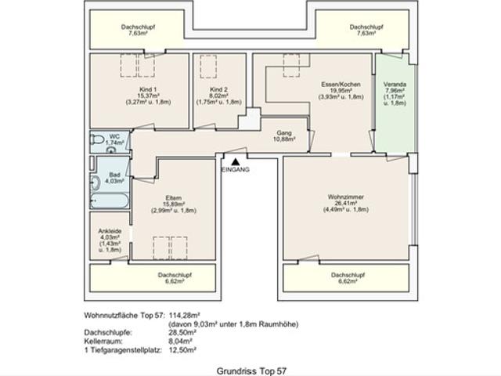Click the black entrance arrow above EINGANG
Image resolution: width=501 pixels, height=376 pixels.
[x=233, y=161]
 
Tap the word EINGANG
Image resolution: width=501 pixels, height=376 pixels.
[x=236, y=170]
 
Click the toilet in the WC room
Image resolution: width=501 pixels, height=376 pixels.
[x=97, y=140]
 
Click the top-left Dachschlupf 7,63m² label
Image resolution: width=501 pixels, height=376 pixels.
[x=138, y=31]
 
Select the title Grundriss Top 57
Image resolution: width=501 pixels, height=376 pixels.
[x=250, y=366]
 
